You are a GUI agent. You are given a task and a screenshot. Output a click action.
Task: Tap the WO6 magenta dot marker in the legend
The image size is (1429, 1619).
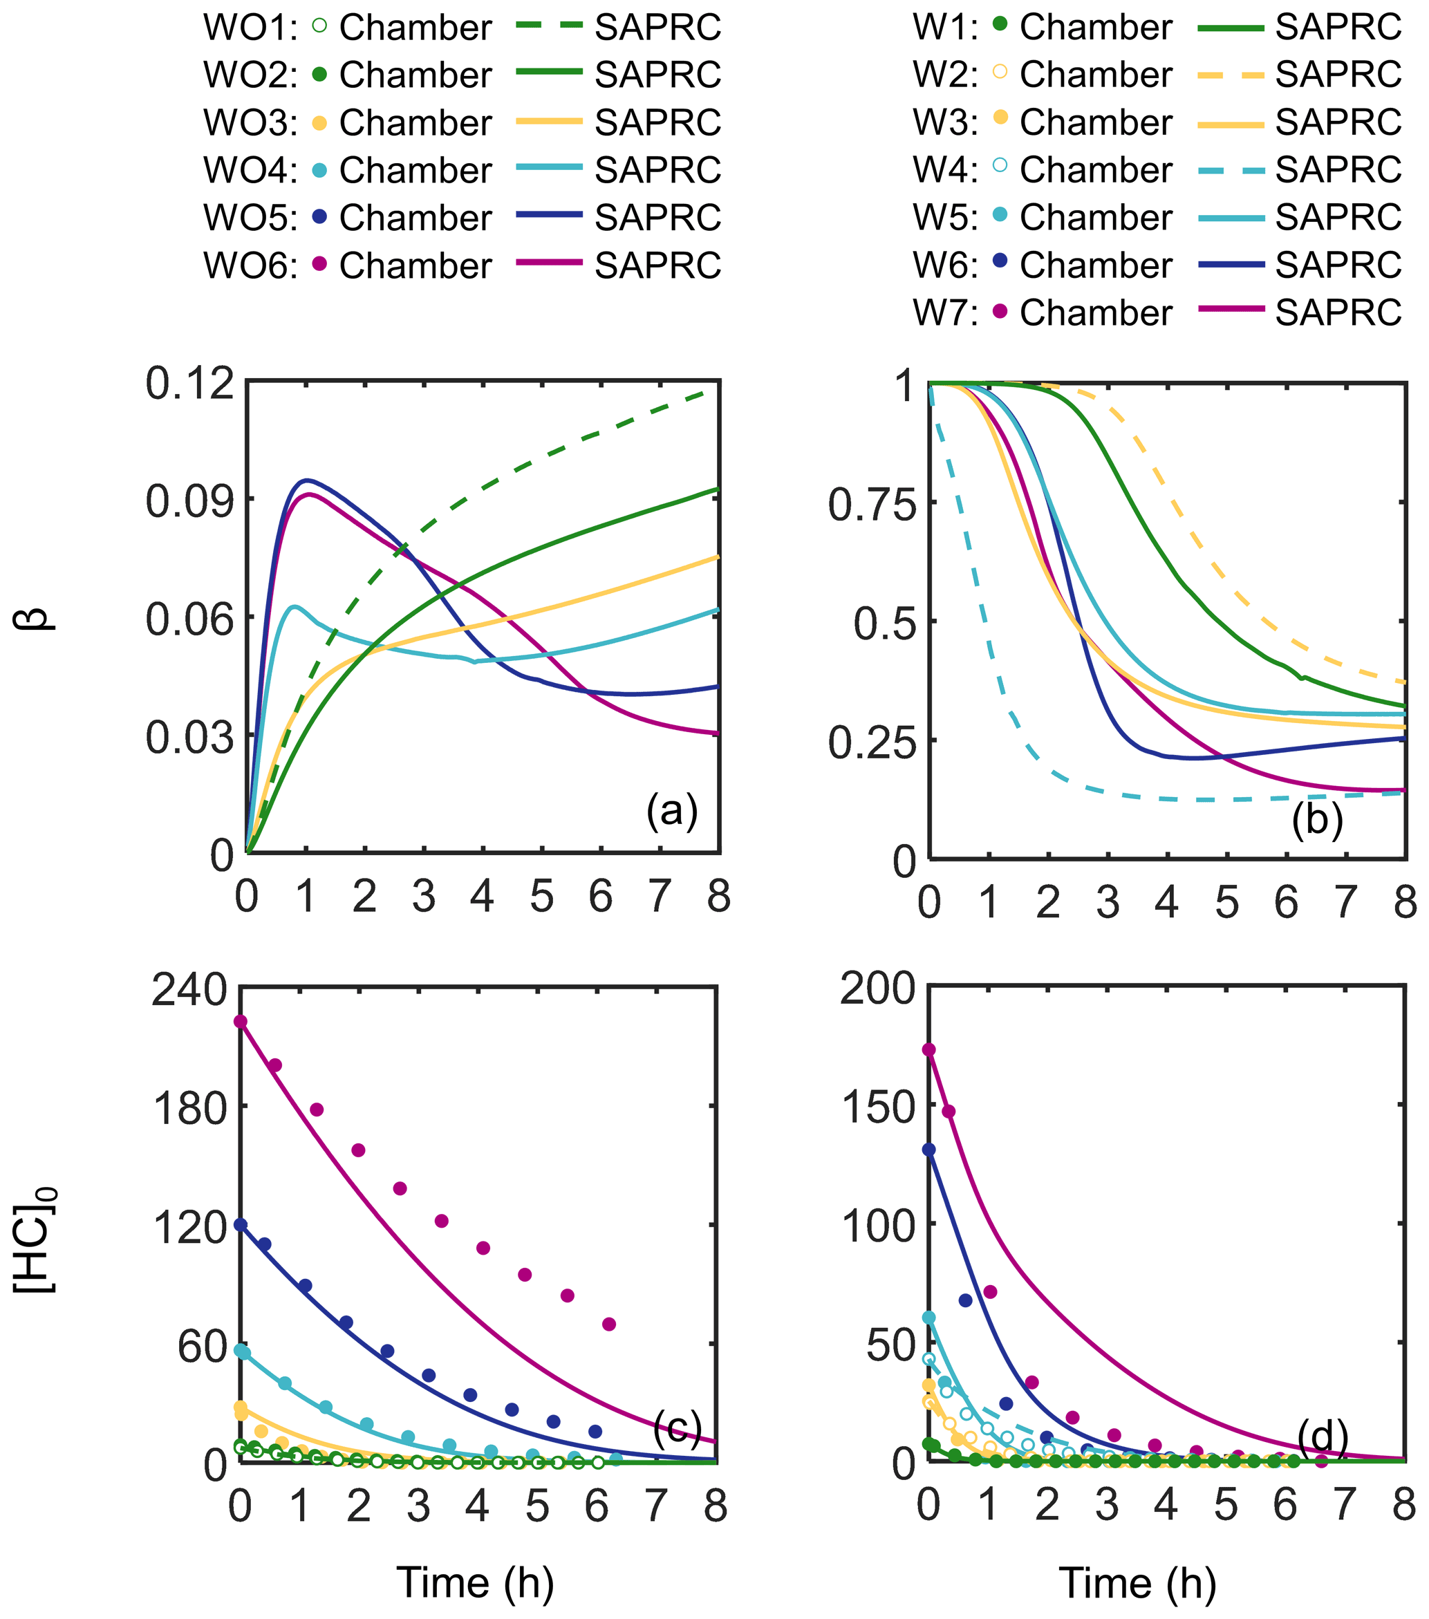pos(320,265)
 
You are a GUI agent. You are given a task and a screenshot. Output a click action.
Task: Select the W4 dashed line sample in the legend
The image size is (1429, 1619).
pos(1230,169)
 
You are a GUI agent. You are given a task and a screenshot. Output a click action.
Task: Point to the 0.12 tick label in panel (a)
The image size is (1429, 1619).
pos(190,384)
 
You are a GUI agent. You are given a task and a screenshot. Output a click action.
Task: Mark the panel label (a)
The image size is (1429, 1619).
pos(672,810)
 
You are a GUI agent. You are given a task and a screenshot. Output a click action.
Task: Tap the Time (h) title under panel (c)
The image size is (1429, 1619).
pos(475,1582)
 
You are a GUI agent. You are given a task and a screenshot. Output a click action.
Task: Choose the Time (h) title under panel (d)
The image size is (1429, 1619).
pos(1137,1582)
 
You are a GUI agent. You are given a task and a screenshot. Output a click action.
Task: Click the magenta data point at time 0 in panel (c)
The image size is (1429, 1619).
pos(241,1022)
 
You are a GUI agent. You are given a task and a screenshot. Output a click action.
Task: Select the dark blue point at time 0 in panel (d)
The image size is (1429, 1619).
pos(929,1150)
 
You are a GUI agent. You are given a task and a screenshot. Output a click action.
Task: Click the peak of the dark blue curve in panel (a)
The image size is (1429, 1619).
pos(306,480)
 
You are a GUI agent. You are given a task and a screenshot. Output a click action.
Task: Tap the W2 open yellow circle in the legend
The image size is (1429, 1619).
pos(1000,71)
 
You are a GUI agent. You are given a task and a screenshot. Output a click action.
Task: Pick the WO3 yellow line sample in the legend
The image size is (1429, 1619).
pos(549,122)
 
